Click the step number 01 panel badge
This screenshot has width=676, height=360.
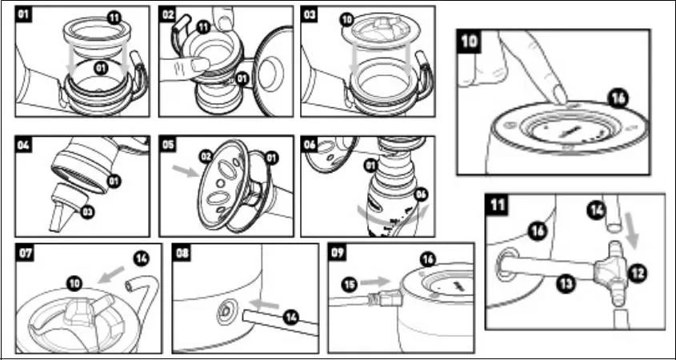click(26, 14)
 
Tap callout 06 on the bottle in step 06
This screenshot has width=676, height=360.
click(420, 194)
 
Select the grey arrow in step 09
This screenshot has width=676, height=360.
click(374, 282)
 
